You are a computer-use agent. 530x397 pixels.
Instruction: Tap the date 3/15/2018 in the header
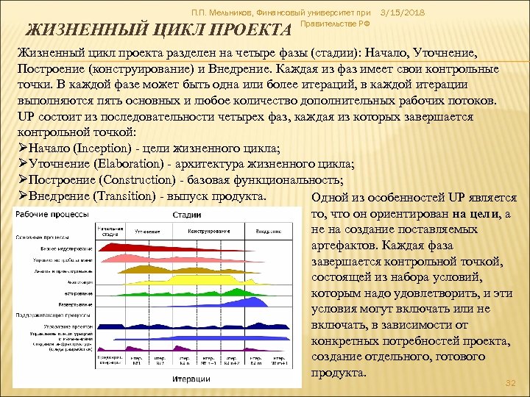click(x=404, y=12)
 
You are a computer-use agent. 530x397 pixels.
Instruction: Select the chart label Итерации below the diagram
click(x=191, y=379)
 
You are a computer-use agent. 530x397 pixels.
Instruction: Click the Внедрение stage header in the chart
click(x=267, y=231)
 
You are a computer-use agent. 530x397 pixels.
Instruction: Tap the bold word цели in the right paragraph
click(x=486, y=213)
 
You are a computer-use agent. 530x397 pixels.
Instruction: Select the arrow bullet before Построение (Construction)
click(x=23, y=180)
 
